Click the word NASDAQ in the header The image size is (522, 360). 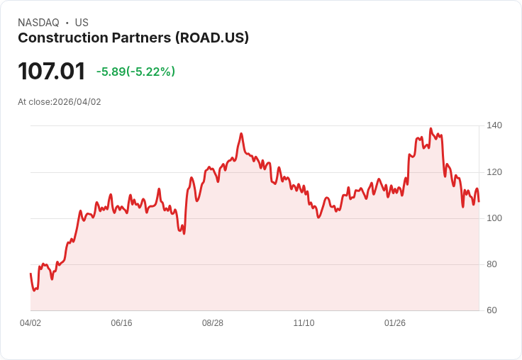38,23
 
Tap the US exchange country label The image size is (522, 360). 82,23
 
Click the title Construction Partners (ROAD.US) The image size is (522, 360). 133,38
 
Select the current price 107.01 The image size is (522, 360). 51,71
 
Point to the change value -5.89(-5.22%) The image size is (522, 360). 135,72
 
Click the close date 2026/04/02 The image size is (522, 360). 77,102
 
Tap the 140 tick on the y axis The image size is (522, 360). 494,125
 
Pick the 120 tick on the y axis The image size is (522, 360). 494,172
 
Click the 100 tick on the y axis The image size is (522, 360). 494,218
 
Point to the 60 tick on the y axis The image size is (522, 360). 492,310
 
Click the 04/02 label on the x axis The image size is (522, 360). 30,323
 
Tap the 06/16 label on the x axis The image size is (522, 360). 121,323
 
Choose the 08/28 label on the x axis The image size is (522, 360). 213,323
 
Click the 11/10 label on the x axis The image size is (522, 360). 304,323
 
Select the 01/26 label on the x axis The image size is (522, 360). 395,323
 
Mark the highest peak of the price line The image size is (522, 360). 431,129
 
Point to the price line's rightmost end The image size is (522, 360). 479,201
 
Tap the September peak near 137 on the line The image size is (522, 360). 241,133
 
